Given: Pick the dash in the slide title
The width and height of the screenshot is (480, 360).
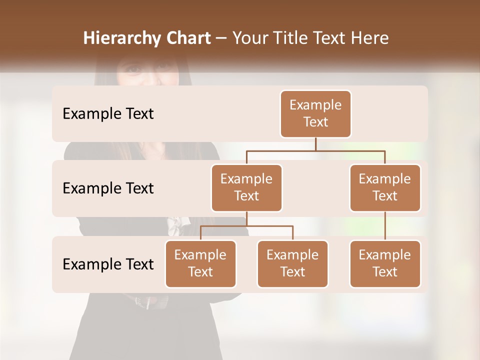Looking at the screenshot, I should click(221, 39).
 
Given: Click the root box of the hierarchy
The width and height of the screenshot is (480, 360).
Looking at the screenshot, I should click(315, 113).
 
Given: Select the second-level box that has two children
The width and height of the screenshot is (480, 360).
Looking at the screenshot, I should click(246, 187).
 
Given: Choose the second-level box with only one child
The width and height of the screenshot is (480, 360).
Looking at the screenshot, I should click(385, 187).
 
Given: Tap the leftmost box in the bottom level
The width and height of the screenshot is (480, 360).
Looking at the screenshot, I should click(200, 263).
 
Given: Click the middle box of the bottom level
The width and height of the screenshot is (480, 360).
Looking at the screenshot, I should click(292, 263).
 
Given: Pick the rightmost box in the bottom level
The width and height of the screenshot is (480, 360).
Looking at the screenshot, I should click(385, 263).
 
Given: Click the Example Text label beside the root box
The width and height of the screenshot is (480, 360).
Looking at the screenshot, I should click(108, 114).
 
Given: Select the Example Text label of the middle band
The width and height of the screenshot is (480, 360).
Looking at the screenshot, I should click(108, 188).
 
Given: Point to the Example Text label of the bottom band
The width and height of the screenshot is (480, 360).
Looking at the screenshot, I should click(108, 264).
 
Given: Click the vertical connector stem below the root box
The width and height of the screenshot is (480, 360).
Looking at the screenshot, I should click(315, 144).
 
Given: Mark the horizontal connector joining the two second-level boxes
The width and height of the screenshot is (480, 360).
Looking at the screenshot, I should click(315, 150).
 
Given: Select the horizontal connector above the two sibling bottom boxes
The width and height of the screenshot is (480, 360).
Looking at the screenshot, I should click(246, 226).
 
